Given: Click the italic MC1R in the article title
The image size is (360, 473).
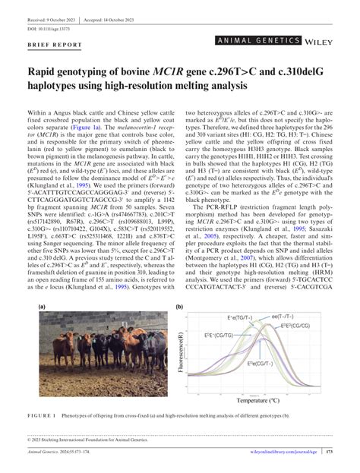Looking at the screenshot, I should pos(193,71).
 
